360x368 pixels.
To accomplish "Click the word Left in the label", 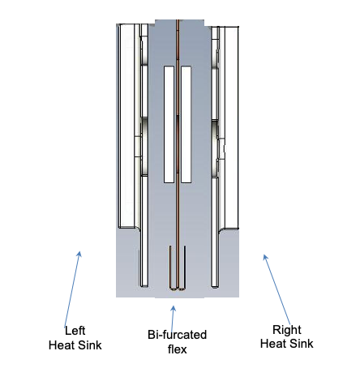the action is click(x=75, y=331).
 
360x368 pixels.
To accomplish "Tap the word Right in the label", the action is click(x=287, y=330).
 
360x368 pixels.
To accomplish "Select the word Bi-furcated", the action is click(x=177, y=335).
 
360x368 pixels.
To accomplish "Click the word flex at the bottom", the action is click(x=177, y=349).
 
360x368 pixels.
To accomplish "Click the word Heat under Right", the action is click(x=272, y=344).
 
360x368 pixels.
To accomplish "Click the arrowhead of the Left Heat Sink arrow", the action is click(x=79, y=254).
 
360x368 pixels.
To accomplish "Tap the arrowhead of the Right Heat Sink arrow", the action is click(x=265, y=257).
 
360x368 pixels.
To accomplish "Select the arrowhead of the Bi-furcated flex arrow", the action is click(x=174, y=308).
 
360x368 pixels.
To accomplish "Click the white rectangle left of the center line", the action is click(x=169, y=124).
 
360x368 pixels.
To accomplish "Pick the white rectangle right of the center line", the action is click(x=186, y=124).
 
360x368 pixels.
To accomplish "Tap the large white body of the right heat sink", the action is click(x=232, y=127).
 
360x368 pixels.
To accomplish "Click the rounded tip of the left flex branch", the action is click(x=173, y=289).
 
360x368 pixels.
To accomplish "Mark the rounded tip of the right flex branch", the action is click(x=182, y=289).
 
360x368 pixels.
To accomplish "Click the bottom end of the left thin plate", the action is click(x=144, y=286).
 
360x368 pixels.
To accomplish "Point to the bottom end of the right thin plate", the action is click(x=215, y=286).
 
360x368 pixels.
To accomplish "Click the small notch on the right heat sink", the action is click(x=222, y=148).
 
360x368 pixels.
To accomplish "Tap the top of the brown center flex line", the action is click(x=178, y=20).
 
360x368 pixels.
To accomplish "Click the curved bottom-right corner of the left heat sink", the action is click(x=138, y=229).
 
